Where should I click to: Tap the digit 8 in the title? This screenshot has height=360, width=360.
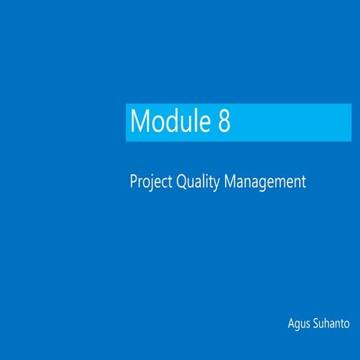point(223,122)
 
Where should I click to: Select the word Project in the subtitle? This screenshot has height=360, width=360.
point(151,182)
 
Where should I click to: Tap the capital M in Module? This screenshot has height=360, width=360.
point(139,122)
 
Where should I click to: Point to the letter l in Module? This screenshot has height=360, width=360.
point(194,121)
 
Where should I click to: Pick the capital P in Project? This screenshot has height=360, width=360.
point(133,181)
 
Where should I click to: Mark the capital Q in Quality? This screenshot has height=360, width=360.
point(181,182)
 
